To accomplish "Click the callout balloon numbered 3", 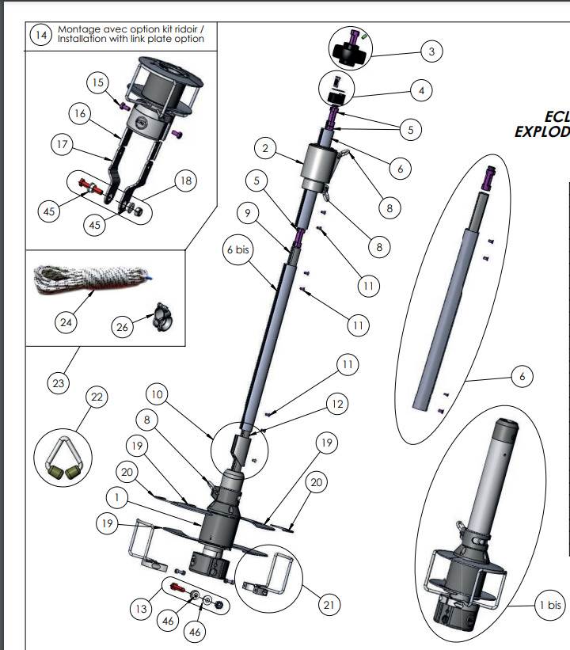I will [431, 52].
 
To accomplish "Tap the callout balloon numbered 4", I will [421, 91].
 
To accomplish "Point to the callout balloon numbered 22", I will [97, 397].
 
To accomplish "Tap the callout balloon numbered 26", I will [123, 328].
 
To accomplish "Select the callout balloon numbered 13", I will [141, 608].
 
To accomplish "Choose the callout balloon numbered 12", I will [336, 405].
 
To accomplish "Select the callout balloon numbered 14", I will [40, 35].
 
